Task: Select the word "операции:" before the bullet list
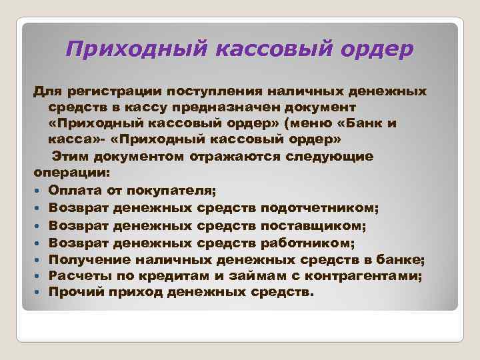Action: click(x=65, y=173)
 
